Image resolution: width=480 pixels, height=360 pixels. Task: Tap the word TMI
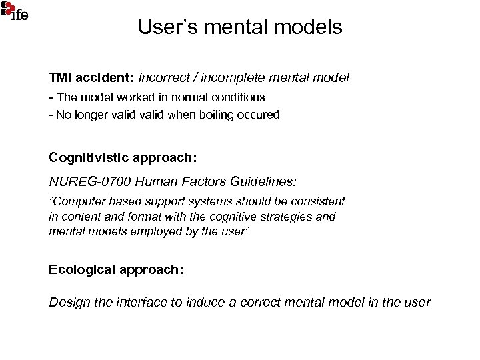click(60, 78)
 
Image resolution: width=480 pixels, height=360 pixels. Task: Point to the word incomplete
click(235, 78)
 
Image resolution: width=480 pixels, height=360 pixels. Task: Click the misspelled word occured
click(261, 114)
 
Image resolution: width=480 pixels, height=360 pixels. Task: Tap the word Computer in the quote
click(78, 201)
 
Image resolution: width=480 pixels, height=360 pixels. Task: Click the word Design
click(68, 302)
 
